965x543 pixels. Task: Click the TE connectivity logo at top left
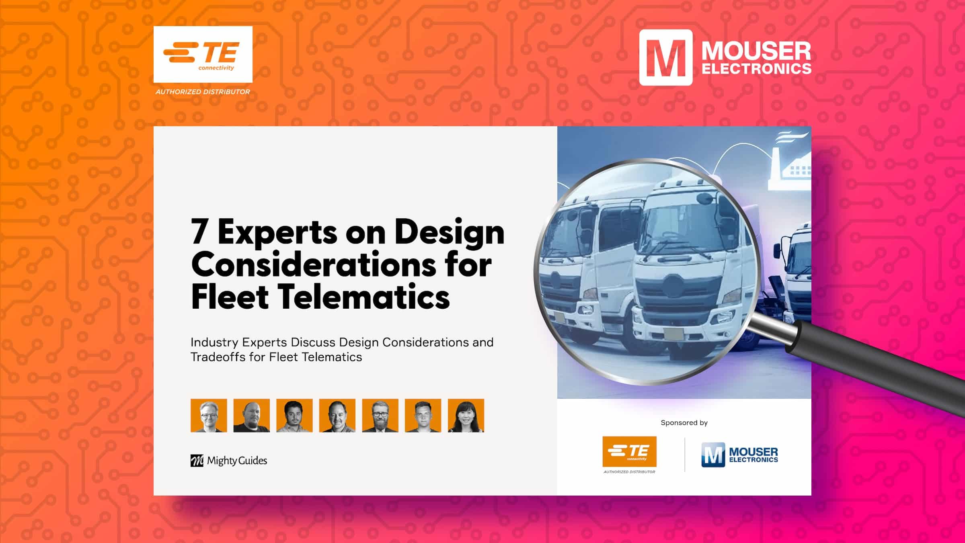point(203,54)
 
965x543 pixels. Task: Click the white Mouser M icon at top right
point(666,57)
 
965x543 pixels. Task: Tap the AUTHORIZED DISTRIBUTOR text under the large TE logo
point(203,92)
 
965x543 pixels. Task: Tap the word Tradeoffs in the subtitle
point(218,357)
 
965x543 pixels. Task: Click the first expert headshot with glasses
point(209,416)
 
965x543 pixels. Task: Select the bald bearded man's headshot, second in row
point(252,416)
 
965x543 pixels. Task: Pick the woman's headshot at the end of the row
point(466,416)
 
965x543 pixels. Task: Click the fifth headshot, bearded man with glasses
point(380,416)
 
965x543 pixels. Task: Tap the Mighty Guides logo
point(229,461)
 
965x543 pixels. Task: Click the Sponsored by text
point(684,422)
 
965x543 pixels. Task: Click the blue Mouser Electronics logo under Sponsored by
point(740,455)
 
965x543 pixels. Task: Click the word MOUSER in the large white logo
point(756,51)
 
